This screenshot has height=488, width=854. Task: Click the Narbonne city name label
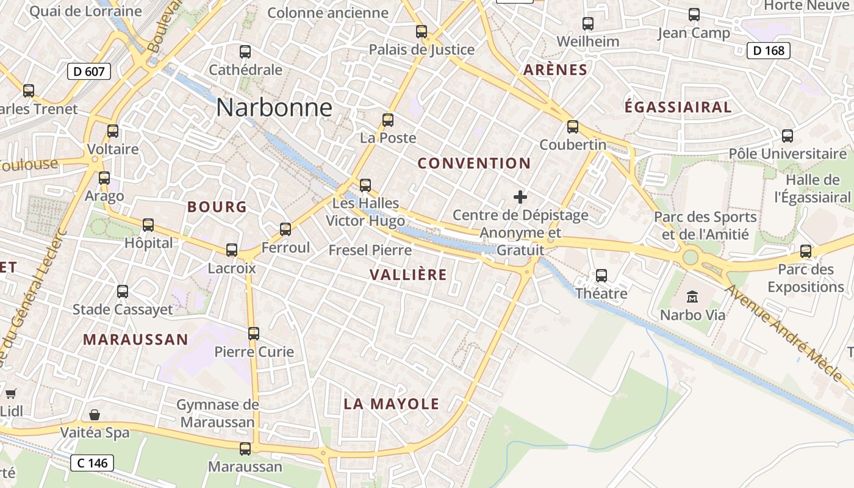coord(274,108)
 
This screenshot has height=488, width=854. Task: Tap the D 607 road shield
coord(88,71)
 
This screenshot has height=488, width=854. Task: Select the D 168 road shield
coord(769,51)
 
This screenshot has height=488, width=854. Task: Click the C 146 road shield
coord(92,463)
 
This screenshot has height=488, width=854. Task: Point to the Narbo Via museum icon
coord(692,297)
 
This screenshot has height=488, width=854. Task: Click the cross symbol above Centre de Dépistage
coord(520,197)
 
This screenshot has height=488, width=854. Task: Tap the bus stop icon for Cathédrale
coord(245,52)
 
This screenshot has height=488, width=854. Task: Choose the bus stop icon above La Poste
coord(388,120)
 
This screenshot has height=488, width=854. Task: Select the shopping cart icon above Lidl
coord(10,393)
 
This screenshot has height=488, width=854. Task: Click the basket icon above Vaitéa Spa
coord(95,415)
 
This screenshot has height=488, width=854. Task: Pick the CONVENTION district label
coord(474,163)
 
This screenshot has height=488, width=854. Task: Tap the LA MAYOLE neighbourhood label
coord(391,404)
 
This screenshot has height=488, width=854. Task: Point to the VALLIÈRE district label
coord(408,275)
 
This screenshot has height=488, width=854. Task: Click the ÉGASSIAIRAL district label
coord(678,107)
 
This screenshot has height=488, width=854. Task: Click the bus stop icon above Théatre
coord(601,276)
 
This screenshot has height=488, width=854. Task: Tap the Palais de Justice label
coord(422,50)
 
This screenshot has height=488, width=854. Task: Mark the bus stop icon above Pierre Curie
coord(254,334)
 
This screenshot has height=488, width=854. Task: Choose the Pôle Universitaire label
coord(788,154)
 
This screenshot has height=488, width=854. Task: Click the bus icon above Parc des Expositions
coord(806,251)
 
